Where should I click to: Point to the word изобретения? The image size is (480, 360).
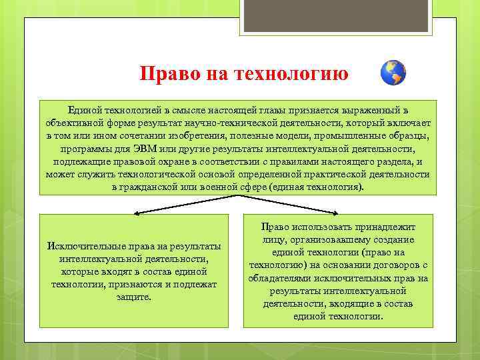(x=184, y=135)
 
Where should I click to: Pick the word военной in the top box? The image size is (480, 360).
(x=224, y=187)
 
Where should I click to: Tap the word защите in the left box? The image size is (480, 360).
(x=133, y=296)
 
